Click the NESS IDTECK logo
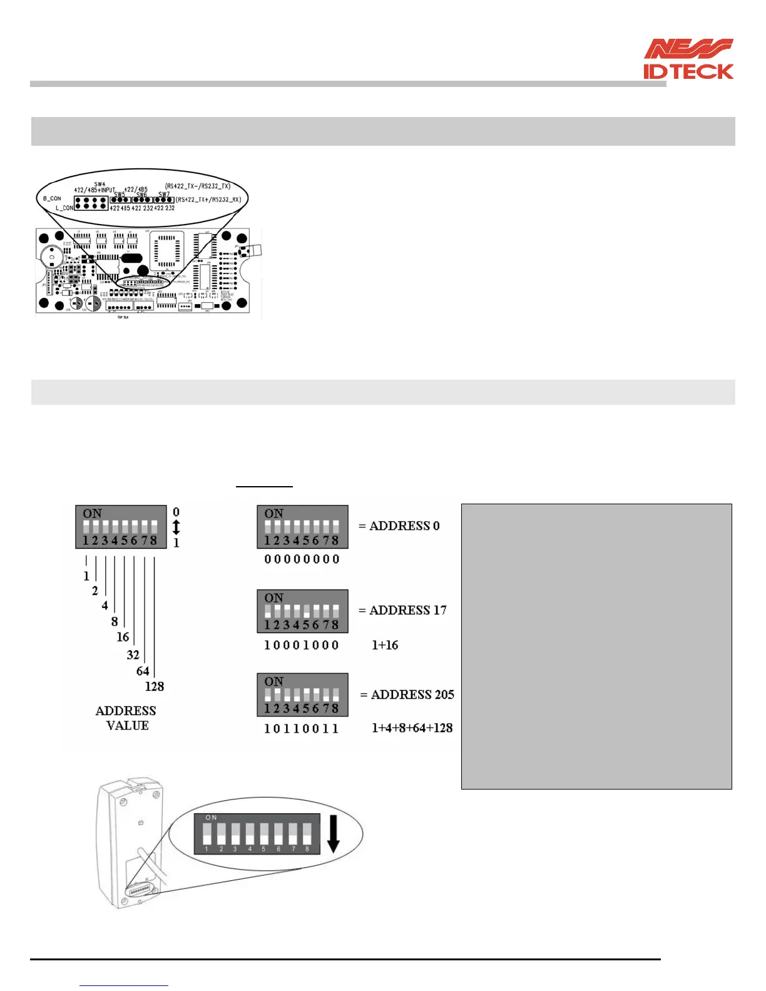click(688, 59)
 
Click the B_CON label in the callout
click(52, 198)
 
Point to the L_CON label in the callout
click(64, 208)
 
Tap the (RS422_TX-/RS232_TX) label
click(198, 186)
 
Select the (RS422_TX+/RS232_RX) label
click(208, 200)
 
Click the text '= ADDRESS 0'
click(399, 526)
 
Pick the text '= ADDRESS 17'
click(402, 610)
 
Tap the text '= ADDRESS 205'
click(407, 694)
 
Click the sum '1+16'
click(385, 645)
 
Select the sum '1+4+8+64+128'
click(412, 728)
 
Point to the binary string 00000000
click(302, 559)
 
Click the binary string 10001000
click(302, 645)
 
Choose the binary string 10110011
click(302, 729)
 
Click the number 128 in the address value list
click(154, 686)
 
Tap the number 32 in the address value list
click(133, 655)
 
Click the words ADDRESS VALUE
click(126, 718)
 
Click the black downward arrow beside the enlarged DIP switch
click(333, 833)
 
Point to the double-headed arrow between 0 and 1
click(176, 527)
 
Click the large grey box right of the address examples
click(596, 646)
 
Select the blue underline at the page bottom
click(124, 985)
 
